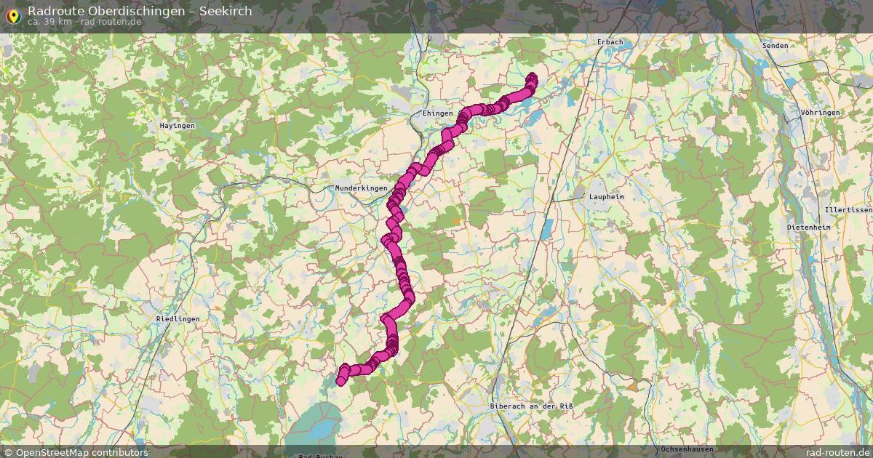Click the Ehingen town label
tap(437, 113)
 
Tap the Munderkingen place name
tap(361, 188)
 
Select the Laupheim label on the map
tap(607, 197)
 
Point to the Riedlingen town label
tap(178, 318)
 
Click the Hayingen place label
tap(177, 126)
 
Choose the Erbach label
tap(610, 42)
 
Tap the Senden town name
tap(775, 45)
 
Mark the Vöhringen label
tap(820, 113)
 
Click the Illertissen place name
tap(848, 209)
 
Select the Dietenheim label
tap(808, 227)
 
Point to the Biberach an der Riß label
tap(527, 405)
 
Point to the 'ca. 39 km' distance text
tap(49, 22)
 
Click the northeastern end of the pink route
tap(532, 77)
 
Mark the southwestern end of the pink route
tap(340, 382)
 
